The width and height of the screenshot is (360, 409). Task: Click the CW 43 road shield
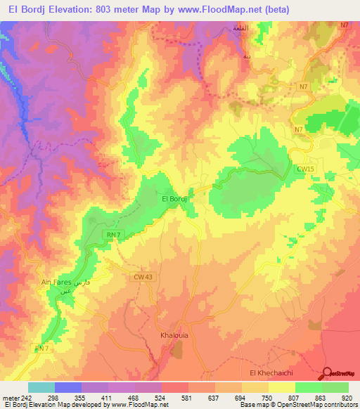click(x=142, y=278)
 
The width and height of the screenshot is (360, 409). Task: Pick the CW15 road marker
click(x=304, y=169)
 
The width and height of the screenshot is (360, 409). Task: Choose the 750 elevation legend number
click(x=266, y=397)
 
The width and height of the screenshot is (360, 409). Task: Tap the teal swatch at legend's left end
click(x=41, y=387)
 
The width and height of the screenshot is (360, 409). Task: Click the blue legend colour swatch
click(x=68, y=387)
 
